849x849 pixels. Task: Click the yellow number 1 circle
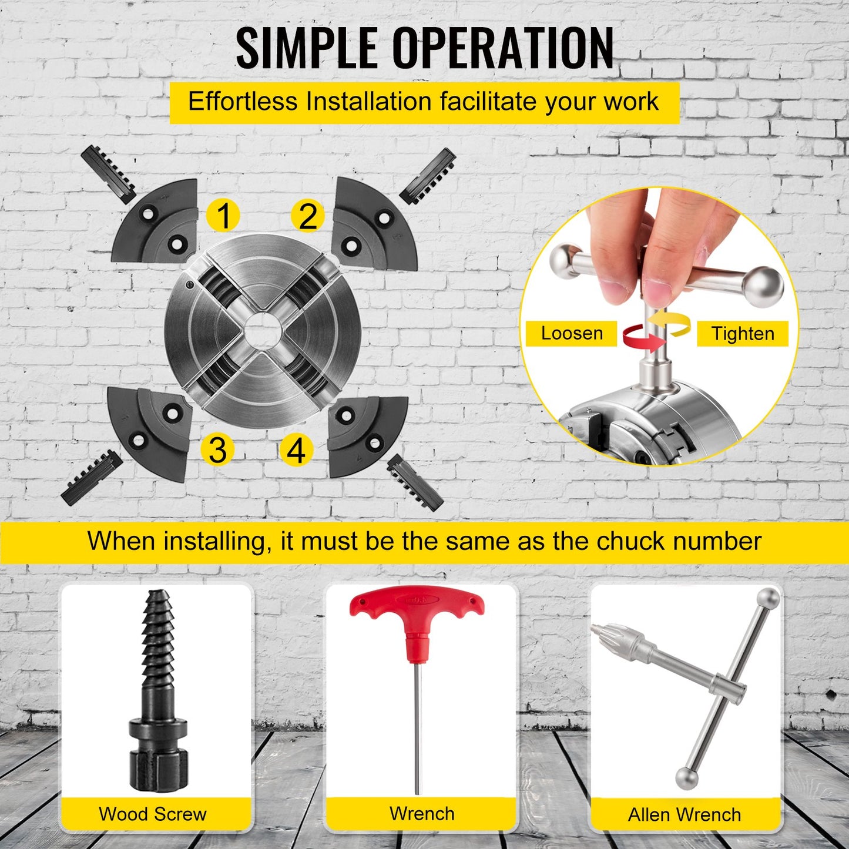(x=223, y=216)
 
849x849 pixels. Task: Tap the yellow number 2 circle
(x=308, y=216)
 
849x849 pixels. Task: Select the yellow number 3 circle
(x=217, y=449)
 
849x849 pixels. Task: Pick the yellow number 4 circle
(x=297, y=450)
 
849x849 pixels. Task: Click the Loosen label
(x=572, y=334)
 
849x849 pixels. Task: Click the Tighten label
(x=743, y=334)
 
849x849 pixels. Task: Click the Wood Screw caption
(x=153, y=814)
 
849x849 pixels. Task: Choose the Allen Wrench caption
(x=684, y=815)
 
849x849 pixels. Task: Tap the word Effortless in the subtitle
(x=243, y=101)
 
